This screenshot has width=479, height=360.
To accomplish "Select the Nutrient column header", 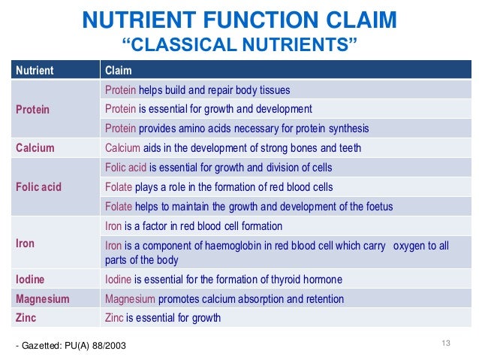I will click(x=35, y=71).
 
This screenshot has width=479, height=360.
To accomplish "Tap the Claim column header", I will click(x=119, y=71).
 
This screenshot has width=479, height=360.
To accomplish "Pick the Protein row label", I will click(x=33, y=109).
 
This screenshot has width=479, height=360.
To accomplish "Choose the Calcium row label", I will click(x=35, y=147).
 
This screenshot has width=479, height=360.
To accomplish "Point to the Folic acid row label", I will click(x=38, y=186).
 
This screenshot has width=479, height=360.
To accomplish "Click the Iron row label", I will click(x=25, y=244).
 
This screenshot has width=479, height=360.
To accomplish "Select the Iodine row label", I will click(x=30, y=280).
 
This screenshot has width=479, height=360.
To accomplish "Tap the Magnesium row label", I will click(x=43, y=298).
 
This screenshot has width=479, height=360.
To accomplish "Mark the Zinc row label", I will click(x=26, y=317).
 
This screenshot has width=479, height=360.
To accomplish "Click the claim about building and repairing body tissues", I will click(x=197, y=90).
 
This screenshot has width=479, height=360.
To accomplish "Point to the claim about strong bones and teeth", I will click(x=233, y=147).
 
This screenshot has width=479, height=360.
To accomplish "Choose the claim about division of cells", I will click(x=218, y=167).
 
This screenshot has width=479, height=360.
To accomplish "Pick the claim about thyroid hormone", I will click(x=223, y=280).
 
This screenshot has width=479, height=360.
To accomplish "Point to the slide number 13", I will click(x=445, y=343).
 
